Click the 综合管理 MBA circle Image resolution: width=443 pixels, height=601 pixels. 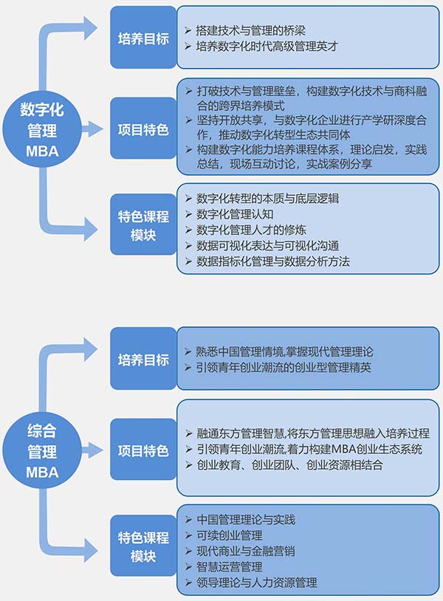42,450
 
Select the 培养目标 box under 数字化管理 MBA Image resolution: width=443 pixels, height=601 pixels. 143,38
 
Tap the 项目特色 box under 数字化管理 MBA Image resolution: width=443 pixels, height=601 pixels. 143,129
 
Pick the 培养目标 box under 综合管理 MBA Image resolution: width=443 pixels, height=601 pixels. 143,360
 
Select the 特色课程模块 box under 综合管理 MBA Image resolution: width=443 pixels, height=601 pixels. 143,546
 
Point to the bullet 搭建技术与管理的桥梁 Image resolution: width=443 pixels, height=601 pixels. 251,30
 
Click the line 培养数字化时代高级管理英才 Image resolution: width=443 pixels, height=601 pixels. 267,47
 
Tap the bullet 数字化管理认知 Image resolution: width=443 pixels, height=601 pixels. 236,214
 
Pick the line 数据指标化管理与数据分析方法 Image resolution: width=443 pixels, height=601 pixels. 273,261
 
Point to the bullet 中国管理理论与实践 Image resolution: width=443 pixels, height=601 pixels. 247,520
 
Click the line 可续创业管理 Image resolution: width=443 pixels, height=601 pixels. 230,535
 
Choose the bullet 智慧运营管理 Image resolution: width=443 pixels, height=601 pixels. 230,566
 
